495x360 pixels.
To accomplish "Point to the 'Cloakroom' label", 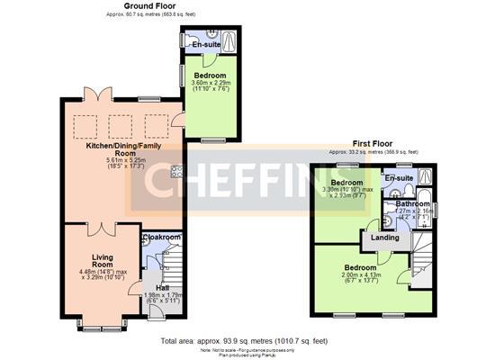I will (162, 238).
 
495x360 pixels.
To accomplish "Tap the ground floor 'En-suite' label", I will (206, 44).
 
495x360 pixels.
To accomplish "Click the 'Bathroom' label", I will (412, 204).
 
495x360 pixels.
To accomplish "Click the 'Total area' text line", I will (244, 342).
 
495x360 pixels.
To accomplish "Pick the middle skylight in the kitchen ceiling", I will (118, 120).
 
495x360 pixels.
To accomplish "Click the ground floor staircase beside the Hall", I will (176, 270).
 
